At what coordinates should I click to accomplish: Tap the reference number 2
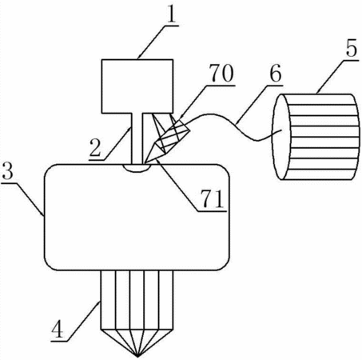click(95, 148)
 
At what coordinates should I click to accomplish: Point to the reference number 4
click(58, 329)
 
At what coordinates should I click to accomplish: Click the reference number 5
click(352, 49)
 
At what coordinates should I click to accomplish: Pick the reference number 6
click(276, 74)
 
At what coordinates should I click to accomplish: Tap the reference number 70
click(221, 73)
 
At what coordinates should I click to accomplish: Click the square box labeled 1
click(137, 86)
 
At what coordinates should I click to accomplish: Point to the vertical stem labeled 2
click(137, 138)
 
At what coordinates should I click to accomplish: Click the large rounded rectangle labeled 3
click(137, 218)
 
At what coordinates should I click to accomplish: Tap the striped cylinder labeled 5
click(315, 137)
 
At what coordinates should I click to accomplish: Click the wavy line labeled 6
click(235, 123)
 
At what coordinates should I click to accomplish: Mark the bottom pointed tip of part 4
click(137, 357)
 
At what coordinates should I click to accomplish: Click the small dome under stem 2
click(137, 168)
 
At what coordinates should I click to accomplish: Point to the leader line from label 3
click(22, 198)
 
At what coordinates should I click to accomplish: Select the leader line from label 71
click(177, 185)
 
